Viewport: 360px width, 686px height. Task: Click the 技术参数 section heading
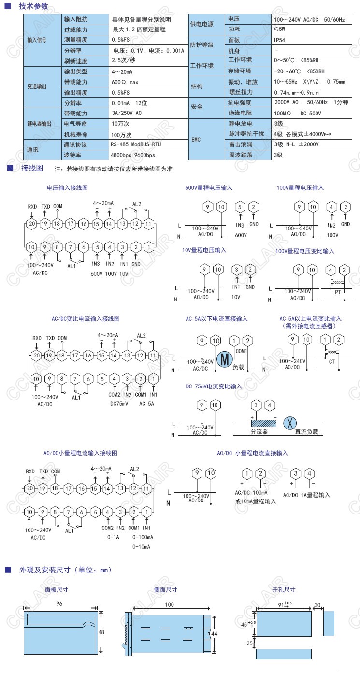(33, 6)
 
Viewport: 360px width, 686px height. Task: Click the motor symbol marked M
(224, 359)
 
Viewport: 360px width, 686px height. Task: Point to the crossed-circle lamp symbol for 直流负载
(289, 422)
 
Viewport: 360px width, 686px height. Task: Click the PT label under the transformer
(338, 292)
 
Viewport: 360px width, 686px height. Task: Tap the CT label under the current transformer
(331, 361)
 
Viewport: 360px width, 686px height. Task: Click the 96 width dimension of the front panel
(59, 604)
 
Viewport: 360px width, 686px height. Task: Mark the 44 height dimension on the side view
(215, 633)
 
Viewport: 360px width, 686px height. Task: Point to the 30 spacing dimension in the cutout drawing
(317, 605)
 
